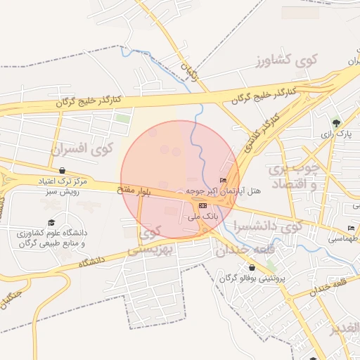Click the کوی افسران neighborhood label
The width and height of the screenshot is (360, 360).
point(82,149)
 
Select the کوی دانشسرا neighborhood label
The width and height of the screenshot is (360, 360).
point(271,226)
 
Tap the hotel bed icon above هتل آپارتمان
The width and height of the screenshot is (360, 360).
point(224,181)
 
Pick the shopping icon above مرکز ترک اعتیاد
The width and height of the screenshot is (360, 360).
point(63,170)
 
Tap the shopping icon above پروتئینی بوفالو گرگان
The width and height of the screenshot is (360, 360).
point(252,267)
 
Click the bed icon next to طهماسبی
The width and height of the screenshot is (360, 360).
point(351,229)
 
